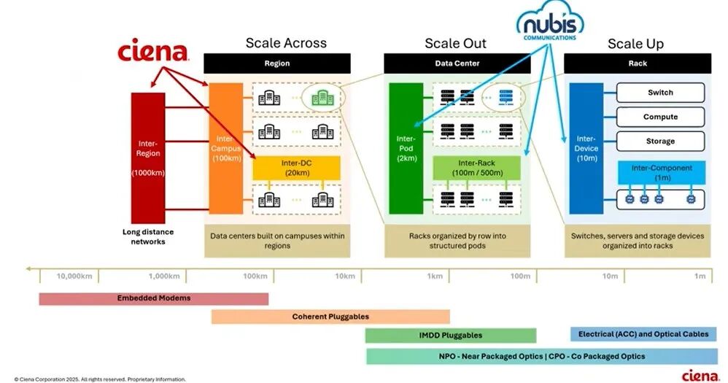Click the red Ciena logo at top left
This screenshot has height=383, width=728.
(x=153, y=53)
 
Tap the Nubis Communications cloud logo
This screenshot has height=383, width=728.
(x=549, y=25)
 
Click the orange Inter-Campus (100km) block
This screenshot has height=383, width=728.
(x=226, y=148)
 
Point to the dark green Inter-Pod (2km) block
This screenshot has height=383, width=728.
(x=406, y=148)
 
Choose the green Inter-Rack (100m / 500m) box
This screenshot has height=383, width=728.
(x=476, y=167)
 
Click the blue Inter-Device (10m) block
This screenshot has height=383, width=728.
(x=586, y=148)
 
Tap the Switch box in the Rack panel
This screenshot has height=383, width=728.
(x=660, y=93)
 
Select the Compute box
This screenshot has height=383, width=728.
(x=660, y=117)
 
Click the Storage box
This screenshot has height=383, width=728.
(x=660, y=141)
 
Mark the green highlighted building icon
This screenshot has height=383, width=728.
(x=322, y=97)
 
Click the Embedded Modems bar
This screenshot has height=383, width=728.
(x=153, y=298)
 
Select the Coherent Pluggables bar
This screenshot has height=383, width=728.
(x=330, y=317)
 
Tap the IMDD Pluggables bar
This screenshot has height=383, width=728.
(x=450, y=336)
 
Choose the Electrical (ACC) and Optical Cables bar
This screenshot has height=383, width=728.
(x=643, y=334)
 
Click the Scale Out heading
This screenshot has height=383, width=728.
(x=456, y=43)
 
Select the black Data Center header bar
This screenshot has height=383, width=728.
(x=457, y=63)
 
